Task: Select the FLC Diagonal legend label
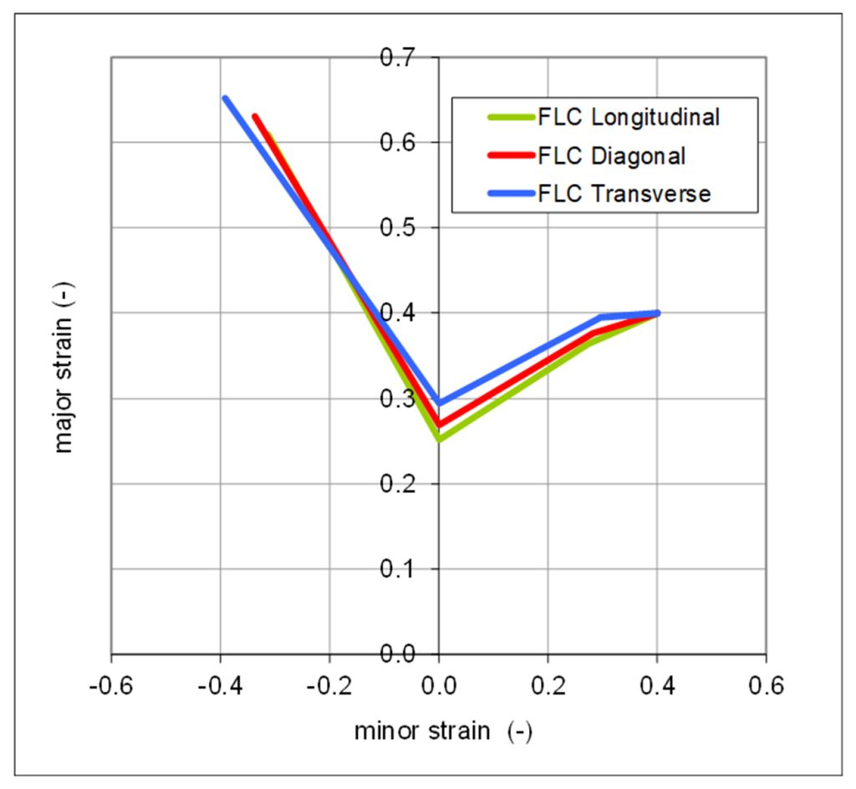612,155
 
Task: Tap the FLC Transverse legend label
624,194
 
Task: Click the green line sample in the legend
510,117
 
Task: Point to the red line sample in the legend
510,155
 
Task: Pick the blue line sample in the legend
510,194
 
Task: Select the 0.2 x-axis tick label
548,687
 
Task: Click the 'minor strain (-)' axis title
443,731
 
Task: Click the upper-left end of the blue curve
225,98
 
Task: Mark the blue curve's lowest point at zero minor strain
439,403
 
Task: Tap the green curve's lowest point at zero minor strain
439,439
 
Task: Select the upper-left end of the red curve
254,116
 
